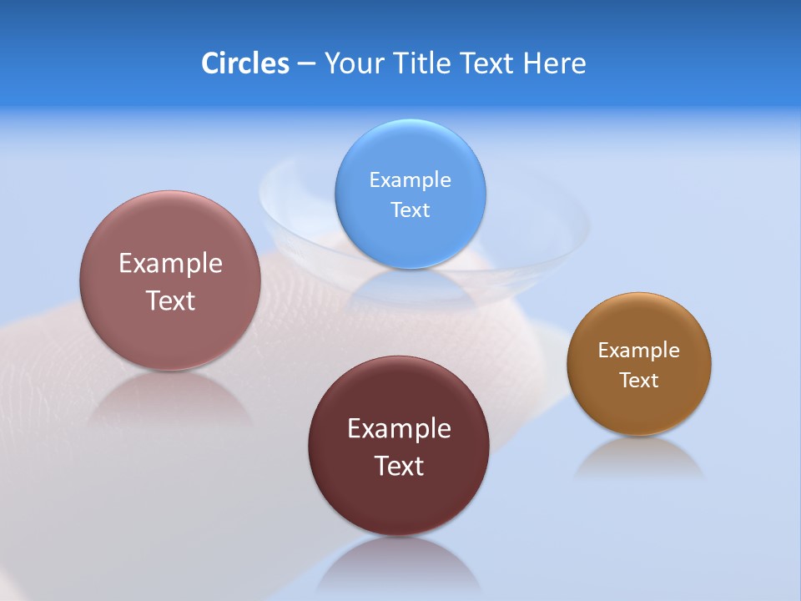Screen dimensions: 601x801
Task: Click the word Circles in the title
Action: [244, 63]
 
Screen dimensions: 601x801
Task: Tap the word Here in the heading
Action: [554, 63]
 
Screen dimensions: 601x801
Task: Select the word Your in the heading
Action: [351, 63]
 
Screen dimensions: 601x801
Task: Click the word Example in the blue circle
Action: [411, 179]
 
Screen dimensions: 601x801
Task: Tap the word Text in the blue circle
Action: [411, 210]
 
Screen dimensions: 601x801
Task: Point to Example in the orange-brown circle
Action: [639, 350]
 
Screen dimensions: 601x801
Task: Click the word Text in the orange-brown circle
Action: [639, 380]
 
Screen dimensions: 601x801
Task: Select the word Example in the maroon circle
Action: [399, 428]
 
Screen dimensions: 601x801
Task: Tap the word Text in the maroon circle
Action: [399, 466]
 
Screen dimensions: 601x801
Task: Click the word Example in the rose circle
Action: [170, 263]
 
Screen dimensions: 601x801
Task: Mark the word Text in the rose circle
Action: [170, 300]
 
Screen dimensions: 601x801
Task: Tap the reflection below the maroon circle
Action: [399, 563]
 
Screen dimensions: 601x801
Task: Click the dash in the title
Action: [306, 63]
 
